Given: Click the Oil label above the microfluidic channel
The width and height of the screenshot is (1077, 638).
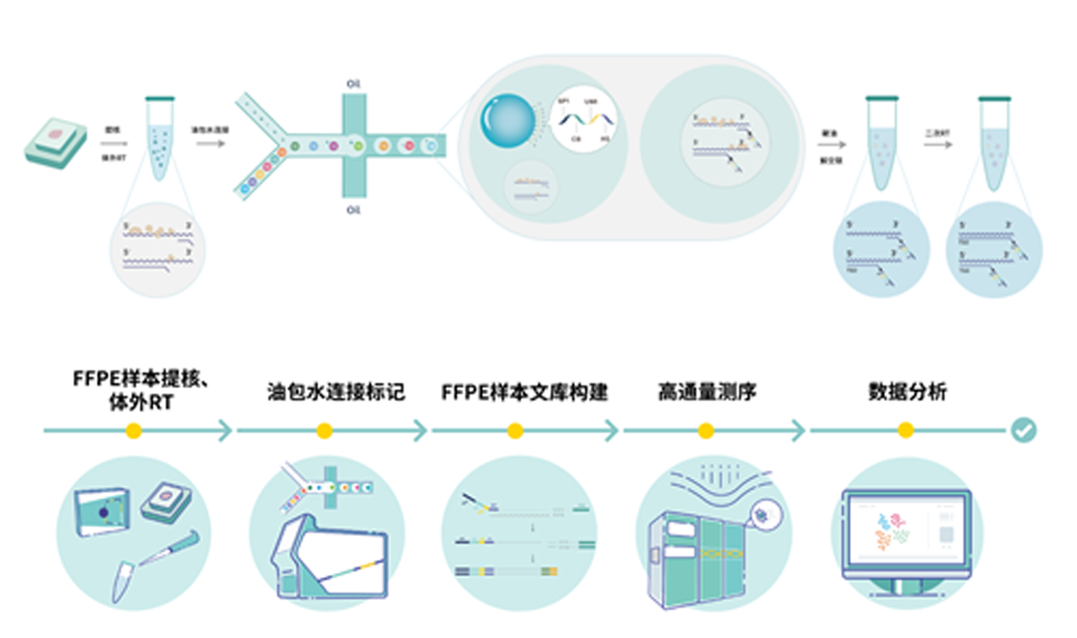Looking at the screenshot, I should tap(353, 84).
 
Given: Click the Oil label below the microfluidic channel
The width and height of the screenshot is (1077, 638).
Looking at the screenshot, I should tap(353, 210).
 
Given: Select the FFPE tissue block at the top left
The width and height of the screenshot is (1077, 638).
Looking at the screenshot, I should tap(56, 143).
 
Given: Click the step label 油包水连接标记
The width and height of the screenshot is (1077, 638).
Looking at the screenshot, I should tap(335, 392).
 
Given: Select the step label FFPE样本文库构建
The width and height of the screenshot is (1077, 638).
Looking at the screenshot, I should tap(524, 392).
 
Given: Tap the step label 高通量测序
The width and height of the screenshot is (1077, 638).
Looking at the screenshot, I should tap(707, 392).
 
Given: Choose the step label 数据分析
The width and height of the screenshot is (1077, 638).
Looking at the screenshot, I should tap(907, 392).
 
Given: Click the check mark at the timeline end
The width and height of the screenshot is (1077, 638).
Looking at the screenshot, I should tap(1023, 430).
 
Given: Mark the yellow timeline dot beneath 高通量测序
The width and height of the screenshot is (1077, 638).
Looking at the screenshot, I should tap(706, 431).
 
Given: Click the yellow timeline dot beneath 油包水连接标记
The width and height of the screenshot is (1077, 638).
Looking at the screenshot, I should tap(324, 431).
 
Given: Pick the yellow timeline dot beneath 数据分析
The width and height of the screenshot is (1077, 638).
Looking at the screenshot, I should tap(905, 431).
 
